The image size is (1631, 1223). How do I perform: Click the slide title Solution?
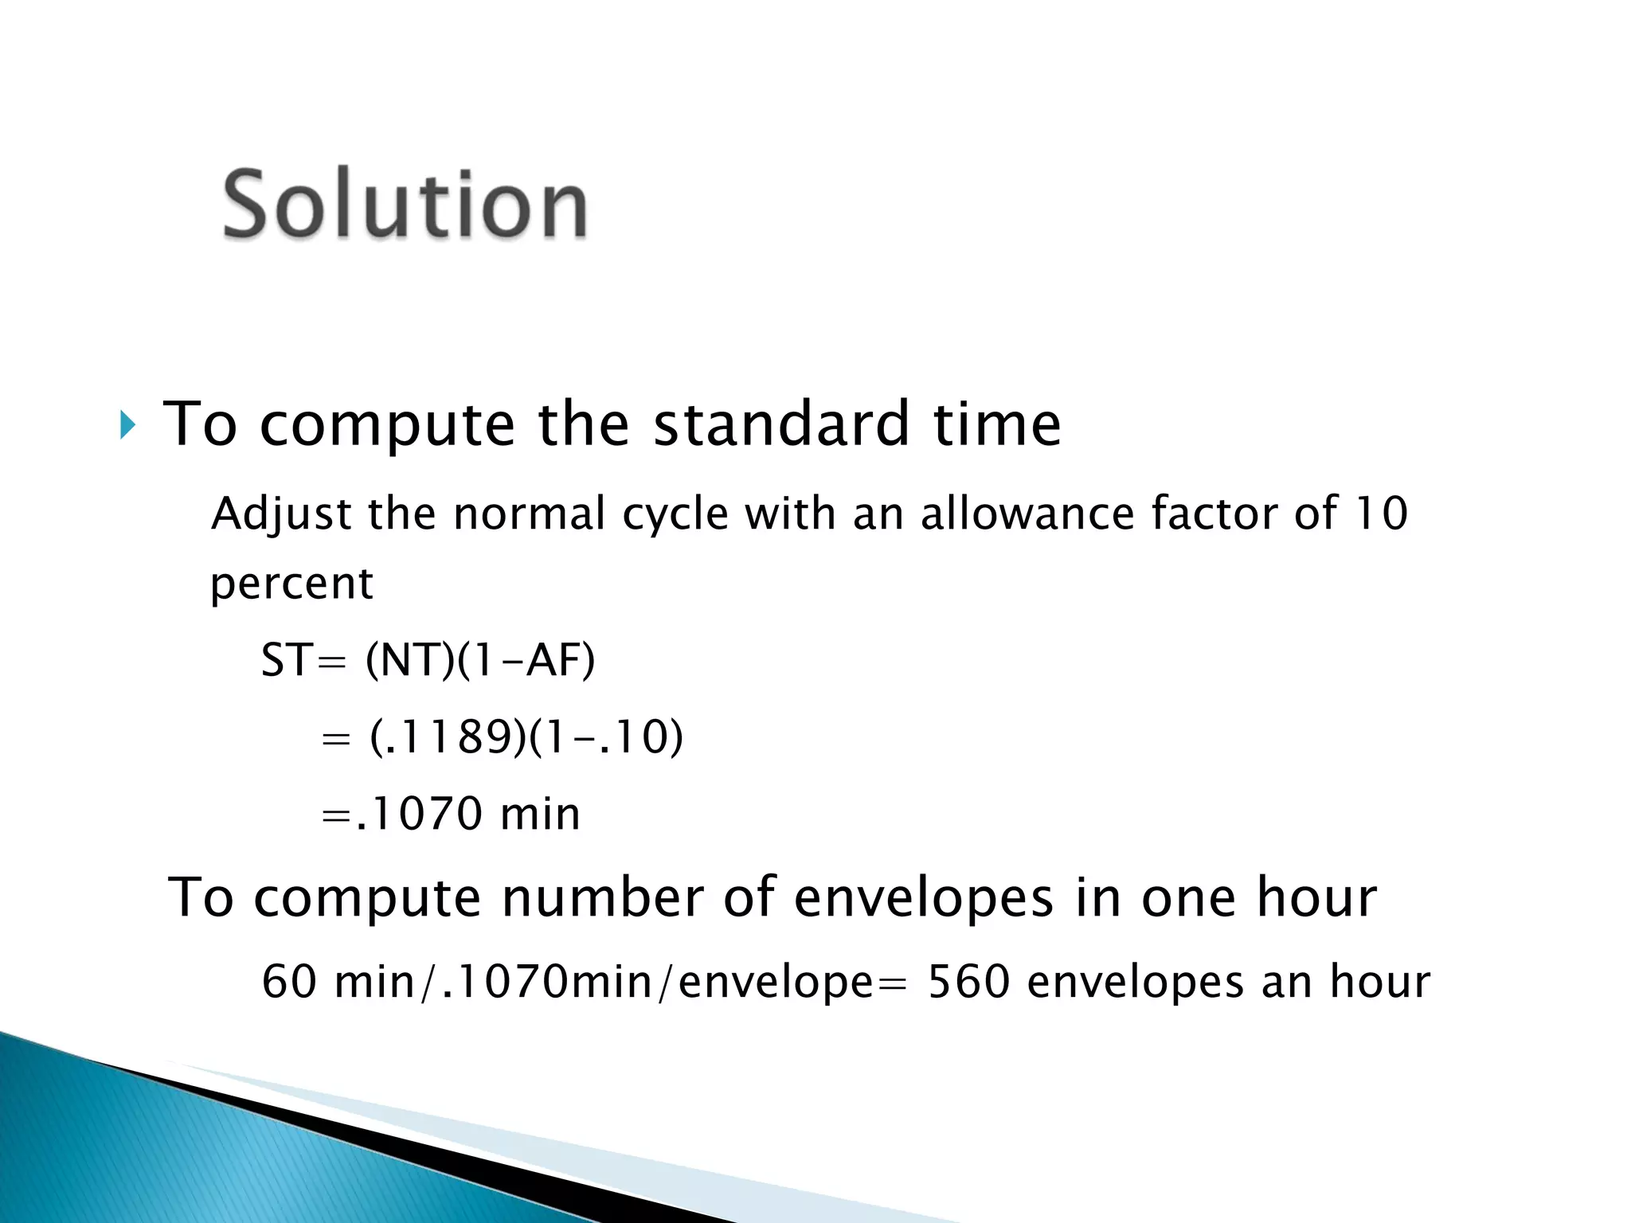[x=405, y=205]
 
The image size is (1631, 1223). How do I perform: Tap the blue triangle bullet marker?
[x=127, y=425]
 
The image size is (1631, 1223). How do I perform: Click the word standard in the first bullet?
[x=781, y=424]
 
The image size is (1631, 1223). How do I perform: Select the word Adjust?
[x=280, y=514]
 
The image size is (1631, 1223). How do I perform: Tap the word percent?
[x=291, y=584]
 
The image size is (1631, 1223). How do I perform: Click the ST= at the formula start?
[x=303, y=660]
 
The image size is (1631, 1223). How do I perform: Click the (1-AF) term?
[x=526, y=660]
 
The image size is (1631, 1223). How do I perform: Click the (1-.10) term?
[x=605, y=737]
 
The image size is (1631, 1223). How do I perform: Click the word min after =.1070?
[x=540, y=814]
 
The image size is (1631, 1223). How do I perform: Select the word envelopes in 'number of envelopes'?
[x=924, y=898]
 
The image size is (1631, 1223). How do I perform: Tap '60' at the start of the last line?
[x=289, y=982]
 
